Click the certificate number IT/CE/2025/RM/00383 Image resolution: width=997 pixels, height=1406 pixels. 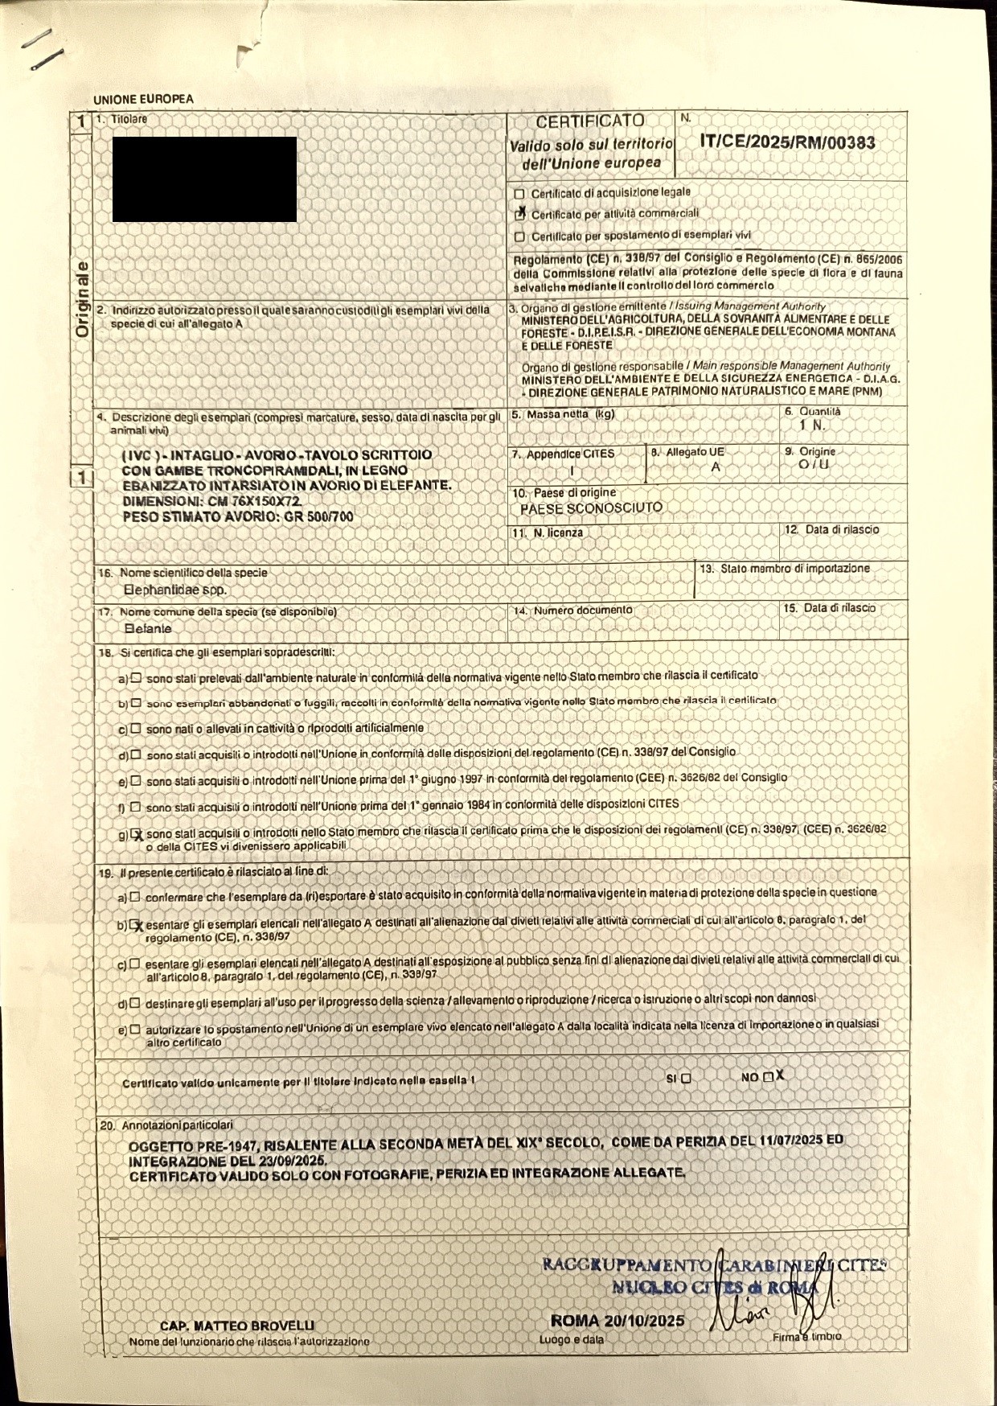click(787, 143)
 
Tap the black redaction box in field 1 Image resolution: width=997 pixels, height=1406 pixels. click(204, 179)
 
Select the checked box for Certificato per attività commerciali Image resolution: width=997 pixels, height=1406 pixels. click(520, 214)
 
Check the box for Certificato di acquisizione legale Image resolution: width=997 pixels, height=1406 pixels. click(519, 194)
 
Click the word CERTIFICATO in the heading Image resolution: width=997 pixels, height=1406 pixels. click(590, 121)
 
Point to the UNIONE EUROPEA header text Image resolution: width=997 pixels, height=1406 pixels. click(143, 100)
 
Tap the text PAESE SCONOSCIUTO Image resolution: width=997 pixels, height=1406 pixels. click(591, 508)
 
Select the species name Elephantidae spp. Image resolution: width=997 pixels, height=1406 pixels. click(175, 590)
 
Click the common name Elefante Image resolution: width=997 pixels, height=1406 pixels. click(148, 629)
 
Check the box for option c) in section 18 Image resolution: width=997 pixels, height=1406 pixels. click(136, 728)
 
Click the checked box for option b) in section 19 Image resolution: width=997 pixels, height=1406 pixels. click(135, 924)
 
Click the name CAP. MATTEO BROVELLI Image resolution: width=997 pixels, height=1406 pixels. click(237, 1326)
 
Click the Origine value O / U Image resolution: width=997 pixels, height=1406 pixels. click(814, 465)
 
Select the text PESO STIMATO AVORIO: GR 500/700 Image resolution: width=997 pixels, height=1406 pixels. click(237, 517)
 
